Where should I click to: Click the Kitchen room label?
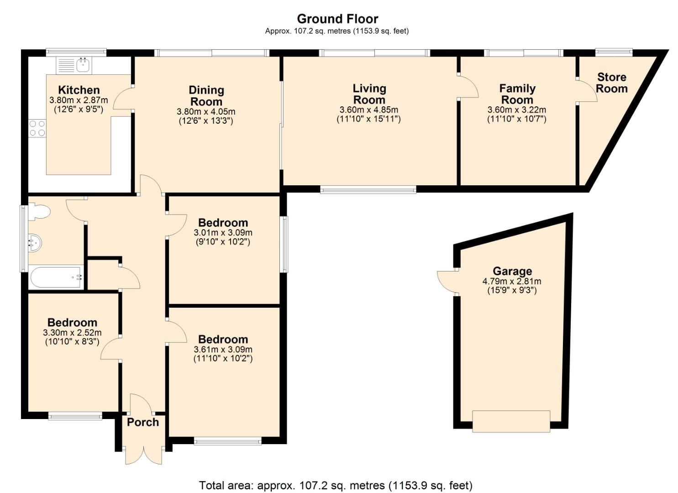pyautogui.click(x=79, y=90)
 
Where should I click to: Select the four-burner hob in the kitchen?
pyautogui.click(x=37, y=128)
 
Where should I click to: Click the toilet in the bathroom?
pyautogui.click(x=39, y=212)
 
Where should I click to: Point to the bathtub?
pyautogui.click(x=56, y=277)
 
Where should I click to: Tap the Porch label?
pyautogui.click(x=143, y=422)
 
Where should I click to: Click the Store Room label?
pyautogui.click(x=612, y=83)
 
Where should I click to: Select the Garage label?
pyautogui.click(x=512, y=271)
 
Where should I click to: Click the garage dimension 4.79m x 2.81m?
pyautogui.click(x=512, y=281)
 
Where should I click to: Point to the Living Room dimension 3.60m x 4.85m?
pyautogui.click(x=368, y=110)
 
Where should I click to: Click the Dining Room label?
pyautogui.click(x=206, y=96)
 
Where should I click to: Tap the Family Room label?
pyautogui.click(x=517, y=94)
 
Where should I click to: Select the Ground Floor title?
pyautogui.click(x=337, y=19)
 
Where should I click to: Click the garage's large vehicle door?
pyautogui.click(x=511, y=421)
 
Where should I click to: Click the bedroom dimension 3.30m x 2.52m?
pyautogui.click(x=72, y=333)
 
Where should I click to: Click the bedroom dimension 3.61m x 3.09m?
pyautogui.click(x=223, y=349)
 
